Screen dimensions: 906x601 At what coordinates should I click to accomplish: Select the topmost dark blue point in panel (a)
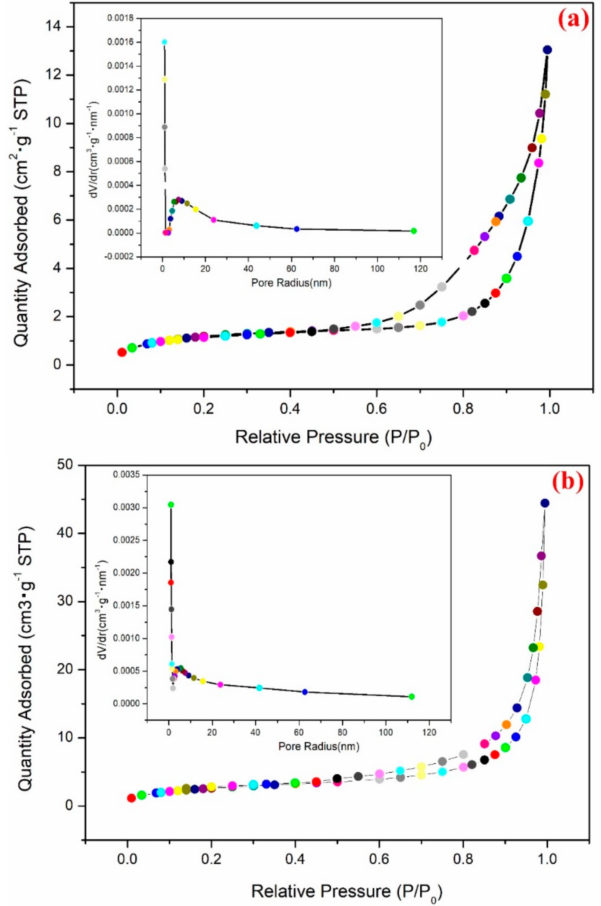coord(547,50)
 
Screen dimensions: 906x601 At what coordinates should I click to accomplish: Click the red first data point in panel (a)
coord(122,352)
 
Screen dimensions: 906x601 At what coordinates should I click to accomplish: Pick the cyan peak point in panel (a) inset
coord(164,42)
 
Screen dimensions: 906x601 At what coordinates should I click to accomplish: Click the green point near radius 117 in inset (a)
coord(413,231)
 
